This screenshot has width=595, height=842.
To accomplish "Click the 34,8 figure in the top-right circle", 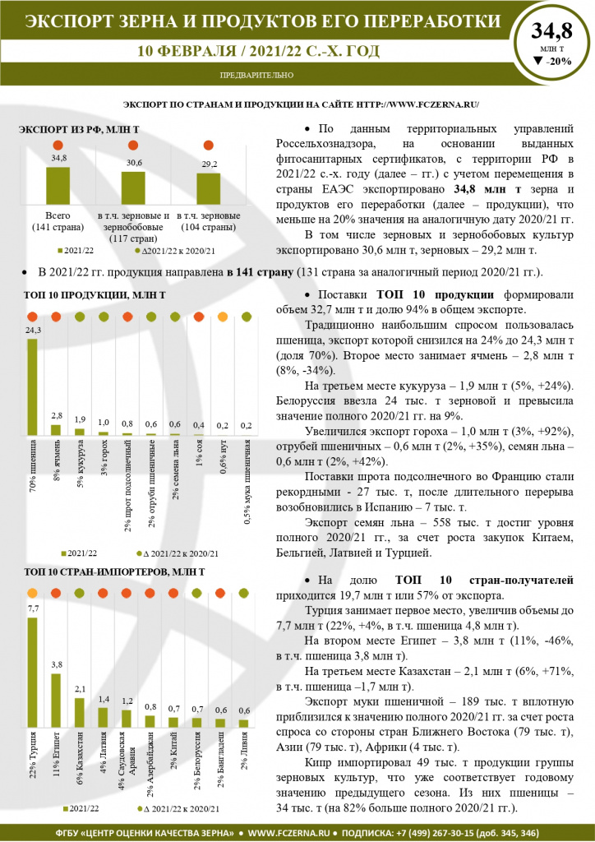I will coord(551,32).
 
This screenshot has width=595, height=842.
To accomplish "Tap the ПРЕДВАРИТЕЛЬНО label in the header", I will coord(257,75).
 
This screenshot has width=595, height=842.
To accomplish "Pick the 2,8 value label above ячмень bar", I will coord(57,415).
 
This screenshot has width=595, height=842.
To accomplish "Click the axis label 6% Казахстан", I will coord(80,768).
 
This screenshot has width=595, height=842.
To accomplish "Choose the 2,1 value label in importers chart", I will coord(80,689).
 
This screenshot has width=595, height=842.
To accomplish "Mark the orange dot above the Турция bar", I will coord(33,593).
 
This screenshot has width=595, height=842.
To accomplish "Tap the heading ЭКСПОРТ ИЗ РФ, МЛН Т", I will coord(79,130).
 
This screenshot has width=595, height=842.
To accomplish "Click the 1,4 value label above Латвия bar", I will coord(104,699).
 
